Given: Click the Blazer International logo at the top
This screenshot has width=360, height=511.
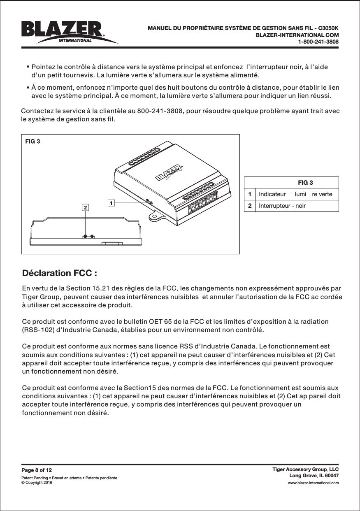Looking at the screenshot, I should (68, 32).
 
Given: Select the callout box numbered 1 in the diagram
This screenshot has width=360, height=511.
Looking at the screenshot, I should (111, 202).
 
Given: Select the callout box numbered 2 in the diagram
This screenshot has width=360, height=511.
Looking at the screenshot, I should (85, 208).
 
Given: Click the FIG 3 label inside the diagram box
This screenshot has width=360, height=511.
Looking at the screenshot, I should (33, 142).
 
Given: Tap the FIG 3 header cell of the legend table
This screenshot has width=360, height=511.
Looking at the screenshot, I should (305, 183).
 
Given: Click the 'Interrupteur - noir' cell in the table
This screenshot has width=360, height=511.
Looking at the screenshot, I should (282, 205).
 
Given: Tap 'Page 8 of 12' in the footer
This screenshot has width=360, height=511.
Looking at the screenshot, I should (37, 470).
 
